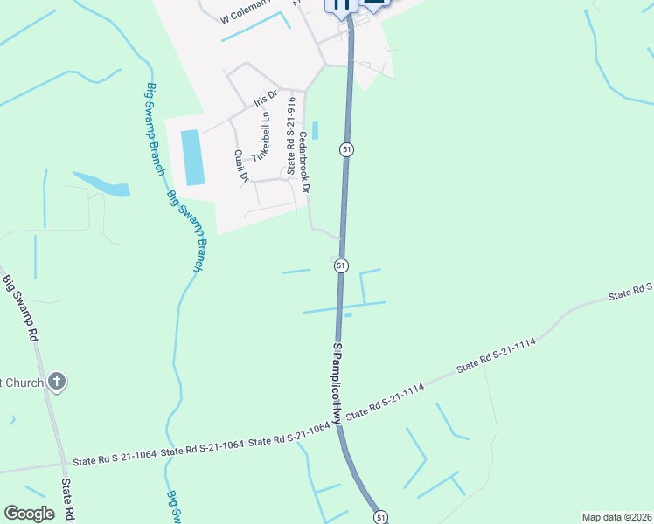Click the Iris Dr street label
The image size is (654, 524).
pyautogui.click(x=265, y=97)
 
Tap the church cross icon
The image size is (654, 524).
pyautogui.click(x=57, y=381)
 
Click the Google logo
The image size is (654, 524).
pyautogui.click(x=29, y=514)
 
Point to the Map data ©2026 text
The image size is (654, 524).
pyautogui.click(x=616, y=517)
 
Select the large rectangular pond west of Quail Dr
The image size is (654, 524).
pyautogui.click(x=191, y=157)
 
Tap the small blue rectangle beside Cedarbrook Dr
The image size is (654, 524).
pyautogui.click(x=315, y=130)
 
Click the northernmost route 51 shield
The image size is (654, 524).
pyautogui.click(x=347, y=150)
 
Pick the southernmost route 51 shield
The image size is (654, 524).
pyautogui.click(x=380, y=517)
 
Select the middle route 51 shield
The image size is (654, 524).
pyautogui.click(x=341, y=265)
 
